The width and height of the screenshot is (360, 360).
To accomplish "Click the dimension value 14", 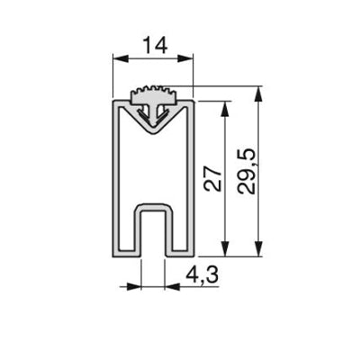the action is tap(155, 45).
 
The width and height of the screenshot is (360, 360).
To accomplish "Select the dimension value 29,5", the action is tap(247, 171).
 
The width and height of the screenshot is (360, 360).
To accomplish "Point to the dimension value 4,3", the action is tap(202, 275).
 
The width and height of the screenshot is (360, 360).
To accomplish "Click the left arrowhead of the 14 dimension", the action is tap(121, 58).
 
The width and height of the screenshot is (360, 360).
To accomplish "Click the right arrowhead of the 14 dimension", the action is tap(185, 58).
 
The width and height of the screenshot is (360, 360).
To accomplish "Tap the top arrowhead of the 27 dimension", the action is tap(225, 109).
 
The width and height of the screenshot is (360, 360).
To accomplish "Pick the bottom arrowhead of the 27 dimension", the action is tap(225, 248).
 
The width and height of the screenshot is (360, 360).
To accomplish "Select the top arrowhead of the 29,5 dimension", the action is tap(259, 94).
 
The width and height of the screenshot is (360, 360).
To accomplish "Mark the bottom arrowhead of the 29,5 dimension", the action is tap(259, 248).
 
